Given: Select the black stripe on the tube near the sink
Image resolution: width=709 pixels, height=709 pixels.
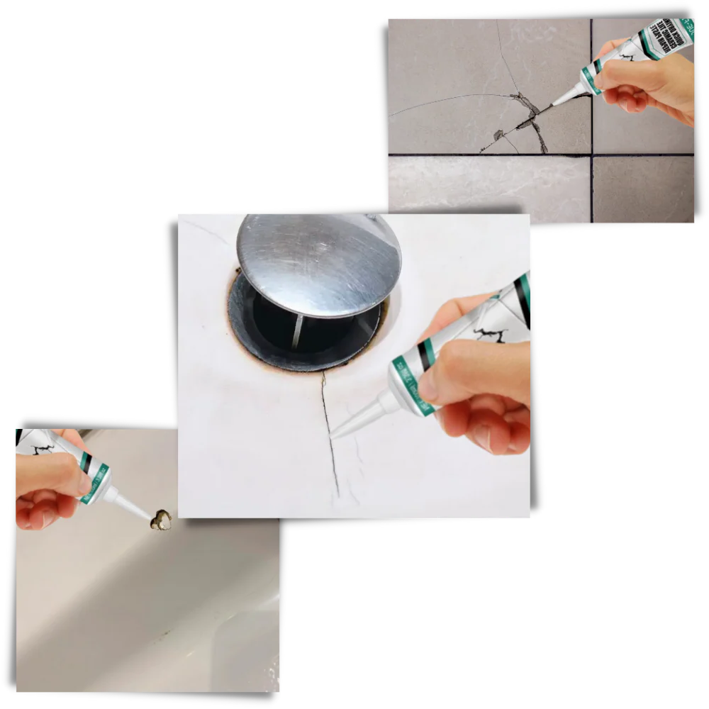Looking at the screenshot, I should coord(424,355).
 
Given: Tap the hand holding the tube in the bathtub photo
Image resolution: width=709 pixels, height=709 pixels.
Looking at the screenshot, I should coord(46,489).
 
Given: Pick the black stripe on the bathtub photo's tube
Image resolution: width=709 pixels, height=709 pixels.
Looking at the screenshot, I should coord(86,462).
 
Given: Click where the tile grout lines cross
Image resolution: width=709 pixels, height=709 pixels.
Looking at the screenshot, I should coord(591,155).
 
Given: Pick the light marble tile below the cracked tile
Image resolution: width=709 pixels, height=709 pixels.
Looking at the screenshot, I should coord(489,188).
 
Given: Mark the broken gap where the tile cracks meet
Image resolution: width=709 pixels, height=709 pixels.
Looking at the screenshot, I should coord(528,113).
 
